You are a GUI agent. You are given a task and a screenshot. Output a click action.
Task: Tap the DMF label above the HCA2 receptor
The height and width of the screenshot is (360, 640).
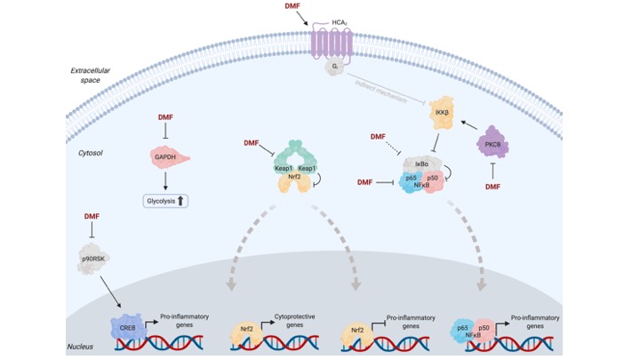(292, 7)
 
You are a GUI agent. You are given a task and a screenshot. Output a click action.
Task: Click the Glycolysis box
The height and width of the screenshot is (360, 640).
(166, 201)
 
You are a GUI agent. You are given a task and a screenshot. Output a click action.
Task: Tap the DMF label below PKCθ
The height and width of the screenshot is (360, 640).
(495, 187)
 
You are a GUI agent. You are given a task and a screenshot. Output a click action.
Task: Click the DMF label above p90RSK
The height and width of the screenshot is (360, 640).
(92, 216)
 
